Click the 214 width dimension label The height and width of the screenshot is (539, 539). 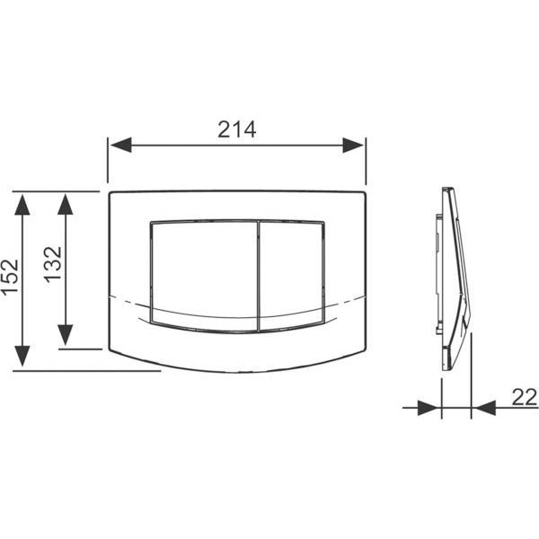[x=237, y=129]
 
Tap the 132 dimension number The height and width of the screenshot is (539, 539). [x=53, y=265]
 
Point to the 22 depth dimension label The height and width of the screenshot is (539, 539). [x=525, y=397]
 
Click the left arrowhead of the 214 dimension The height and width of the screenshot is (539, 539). [x=120, y=145]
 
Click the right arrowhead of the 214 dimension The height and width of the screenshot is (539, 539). [x=353, y=145]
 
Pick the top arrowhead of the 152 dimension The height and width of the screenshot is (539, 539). [x=22, y=205]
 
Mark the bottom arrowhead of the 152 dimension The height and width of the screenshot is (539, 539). [x=22, y=356]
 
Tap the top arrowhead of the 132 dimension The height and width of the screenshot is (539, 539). [x=66, y=205]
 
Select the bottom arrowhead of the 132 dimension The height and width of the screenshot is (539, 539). [x=66, y=335]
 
